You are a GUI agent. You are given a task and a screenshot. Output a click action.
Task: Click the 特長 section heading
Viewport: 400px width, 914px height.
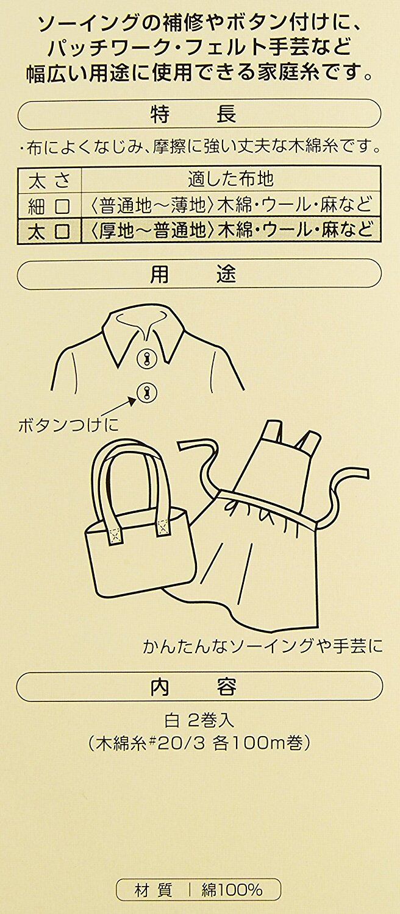tap(193, 115)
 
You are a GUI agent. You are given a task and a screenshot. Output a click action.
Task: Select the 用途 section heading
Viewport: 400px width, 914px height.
tap(193, 275)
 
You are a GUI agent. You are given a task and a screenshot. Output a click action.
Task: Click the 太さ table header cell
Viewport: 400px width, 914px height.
tap(49, 180)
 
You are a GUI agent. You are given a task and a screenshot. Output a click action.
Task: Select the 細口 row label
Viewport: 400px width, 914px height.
tap(49, 207)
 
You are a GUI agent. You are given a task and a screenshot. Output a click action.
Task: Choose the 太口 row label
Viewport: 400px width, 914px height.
tap(49, 232)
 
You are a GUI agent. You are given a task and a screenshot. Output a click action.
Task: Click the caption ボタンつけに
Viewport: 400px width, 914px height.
tap(68, 425)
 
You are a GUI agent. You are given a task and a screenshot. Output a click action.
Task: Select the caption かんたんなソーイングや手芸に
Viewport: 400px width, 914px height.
tap(263, 646)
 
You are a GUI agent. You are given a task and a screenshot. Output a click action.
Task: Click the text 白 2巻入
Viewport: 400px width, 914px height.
tap(199, 721)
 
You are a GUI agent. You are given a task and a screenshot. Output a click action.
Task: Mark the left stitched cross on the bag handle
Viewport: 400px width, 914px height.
tap(115, 535)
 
